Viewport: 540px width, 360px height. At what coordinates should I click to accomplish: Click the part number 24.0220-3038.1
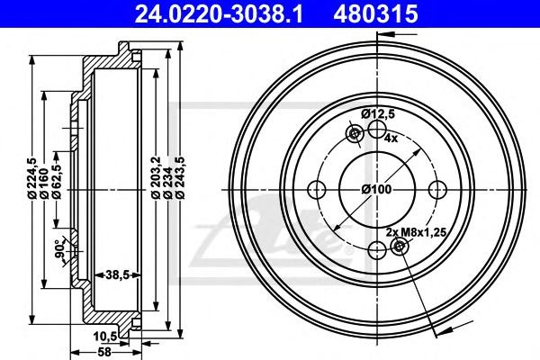coord(219,14)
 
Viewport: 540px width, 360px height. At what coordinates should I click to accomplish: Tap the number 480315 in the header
coord(375,14)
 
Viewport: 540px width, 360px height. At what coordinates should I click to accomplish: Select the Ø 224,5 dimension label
coord(32,178)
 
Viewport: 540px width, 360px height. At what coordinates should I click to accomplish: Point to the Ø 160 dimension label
coord(44,183)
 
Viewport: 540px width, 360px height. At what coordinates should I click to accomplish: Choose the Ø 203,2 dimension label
coord(156,178)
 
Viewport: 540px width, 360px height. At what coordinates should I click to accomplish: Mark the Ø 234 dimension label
coord(167,183)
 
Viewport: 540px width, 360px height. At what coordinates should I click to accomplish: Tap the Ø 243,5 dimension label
coord(180,178)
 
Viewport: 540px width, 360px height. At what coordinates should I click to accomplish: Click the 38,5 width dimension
coord(117,274)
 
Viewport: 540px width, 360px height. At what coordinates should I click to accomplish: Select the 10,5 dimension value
coord(105,337)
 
